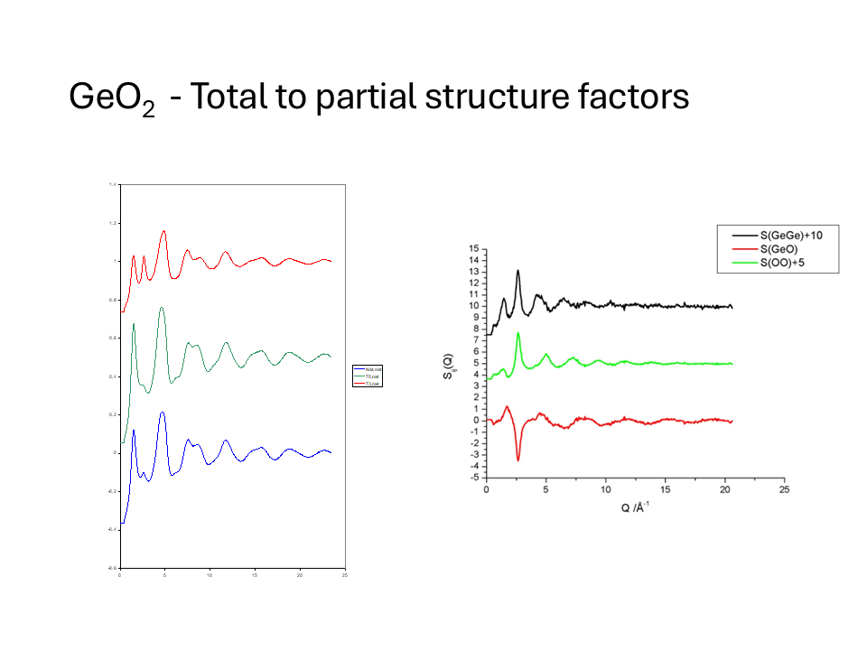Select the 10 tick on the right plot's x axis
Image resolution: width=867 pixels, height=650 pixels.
click(606, 488)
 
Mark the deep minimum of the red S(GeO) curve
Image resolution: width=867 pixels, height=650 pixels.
click(518, 460)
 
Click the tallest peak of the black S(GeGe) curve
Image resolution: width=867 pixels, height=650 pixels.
click(517, 270)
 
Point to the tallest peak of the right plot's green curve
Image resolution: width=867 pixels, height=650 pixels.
click(518, 333)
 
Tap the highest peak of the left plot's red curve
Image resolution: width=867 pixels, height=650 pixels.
click(163, 230)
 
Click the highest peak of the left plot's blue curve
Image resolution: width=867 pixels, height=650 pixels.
click(163, 412)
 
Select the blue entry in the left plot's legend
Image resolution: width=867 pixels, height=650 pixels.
click(368, 369)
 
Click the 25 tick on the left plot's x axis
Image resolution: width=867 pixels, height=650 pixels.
click(345, 574)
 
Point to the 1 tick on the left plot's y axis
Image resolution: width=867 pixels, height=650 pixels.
click(115, 261)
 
